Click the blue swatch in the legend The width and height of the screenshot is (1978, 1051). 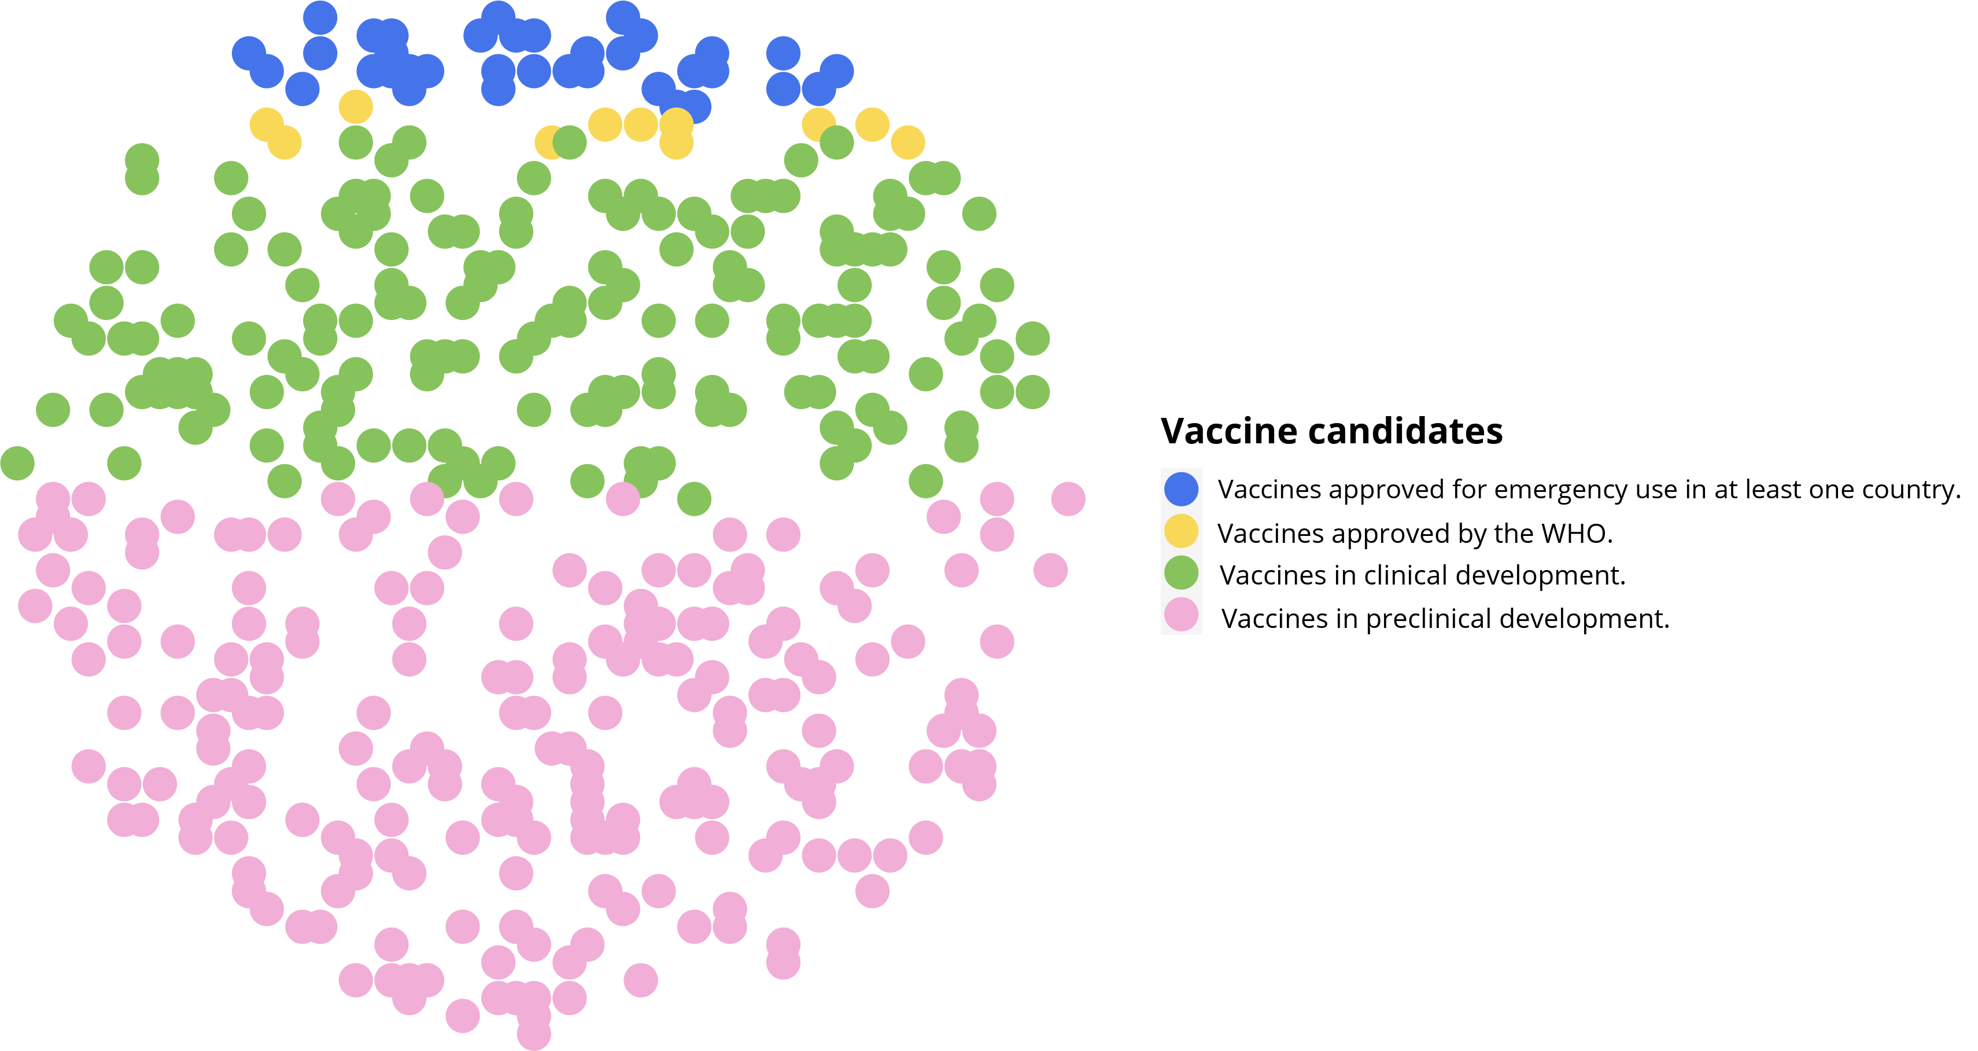1181,490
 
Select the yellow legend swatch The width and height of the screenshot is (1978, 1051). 1181,531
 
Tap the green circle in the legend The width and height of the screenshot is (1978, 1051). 1181,572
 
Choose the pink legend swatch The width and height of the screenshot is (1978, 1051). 1181,615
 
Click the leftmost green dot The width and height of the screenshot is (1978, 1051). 17,463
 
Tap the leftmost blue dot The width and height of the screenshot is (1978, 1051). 249,54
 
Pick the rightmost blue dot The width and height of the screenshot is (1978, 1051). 836,71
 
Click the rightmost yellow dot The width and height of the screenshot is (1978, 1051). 907,142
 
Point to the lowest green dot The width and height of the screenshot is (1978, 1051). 694,499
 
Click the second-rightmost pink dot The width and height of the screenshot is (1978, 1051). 1050,570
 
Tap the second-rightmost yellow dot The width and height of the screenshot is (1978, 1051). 872,124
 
